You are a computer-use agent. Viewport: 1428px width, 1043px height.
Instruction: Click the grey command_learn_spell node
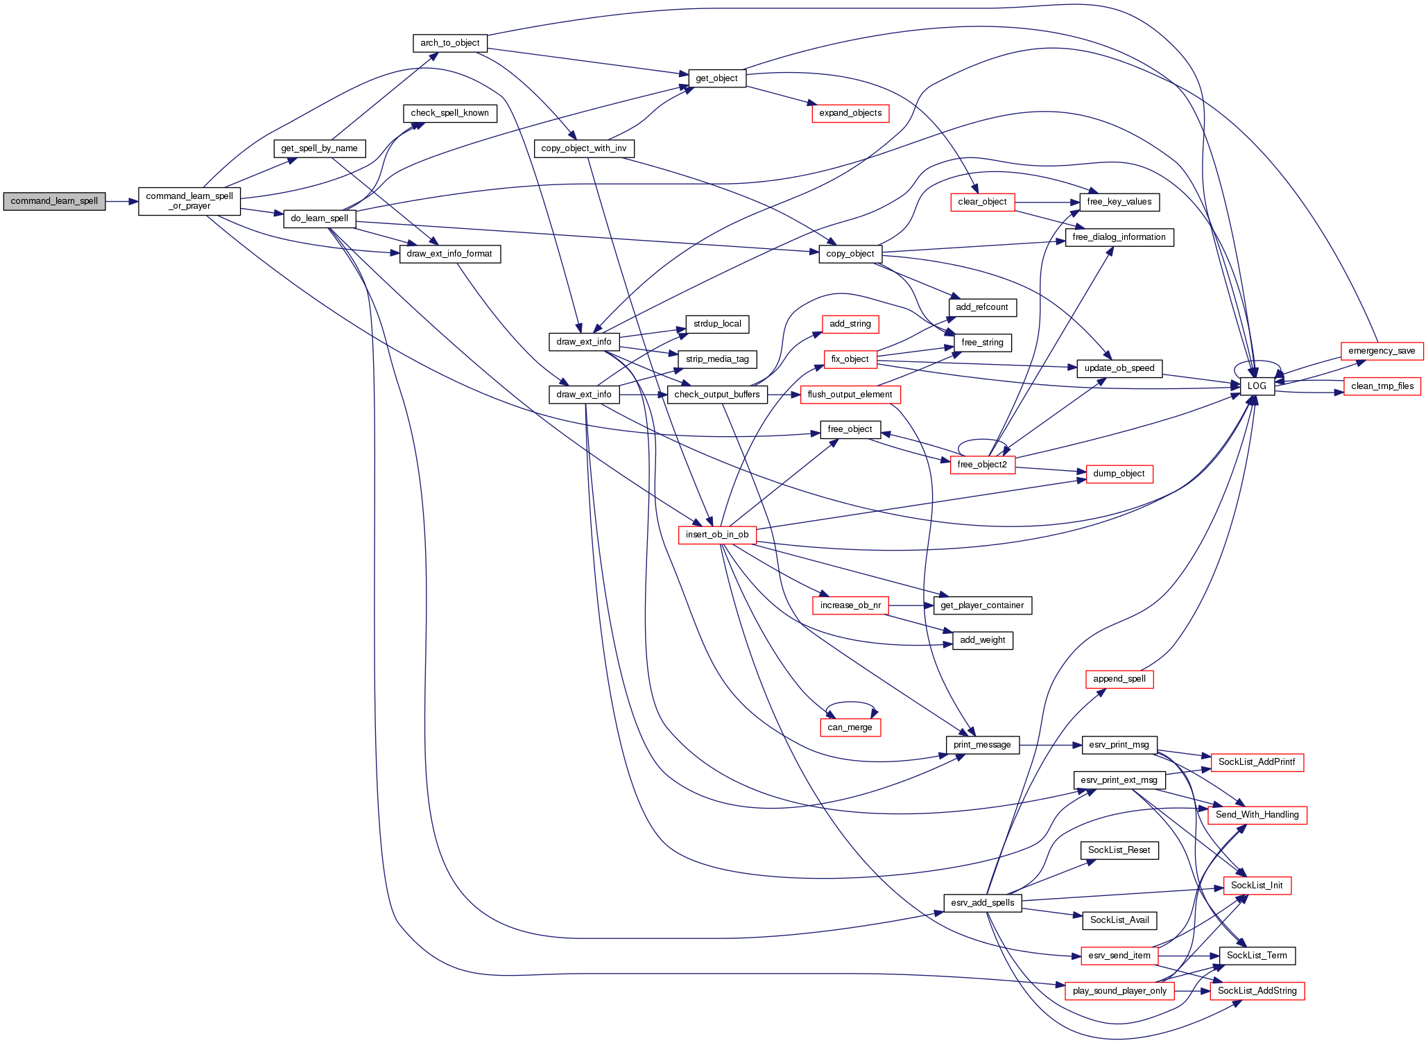(54, 201)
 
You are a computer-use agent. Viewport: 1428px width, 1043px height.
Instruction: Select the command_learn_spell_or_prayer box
(189, 201)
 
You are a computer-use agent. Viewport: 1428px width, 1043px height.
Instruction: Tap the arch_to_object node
(449, 43)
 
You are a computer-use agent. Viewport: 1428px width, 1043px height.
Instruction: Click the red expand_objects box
(850, 113)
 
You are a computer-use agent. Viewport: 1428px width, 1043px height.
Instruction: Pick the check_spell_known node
(449, 113)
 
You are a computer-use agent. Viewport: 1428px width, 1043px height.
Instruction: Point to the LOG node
(1257, 386)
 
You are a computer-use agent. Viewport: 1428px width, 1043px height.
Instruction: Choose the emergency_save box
(1382, 351)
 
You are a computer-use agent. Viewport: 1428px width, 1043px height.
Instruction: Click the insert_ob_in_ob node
(717, 535)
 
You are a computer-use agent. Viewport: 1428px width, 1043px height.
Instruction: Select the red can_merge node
(850, 727)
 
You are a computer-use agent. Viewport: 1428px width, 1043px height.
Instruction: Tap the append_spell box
(1119, 679)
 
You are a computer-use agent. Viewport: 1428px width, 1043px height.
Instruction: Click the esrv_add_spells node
(982, 903)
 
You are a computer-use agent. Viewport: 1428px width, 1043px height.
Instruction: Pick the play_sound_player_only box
(1119, 991)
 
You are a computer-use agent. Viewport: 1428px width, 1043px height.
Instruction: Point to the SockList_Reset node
(1119, 850)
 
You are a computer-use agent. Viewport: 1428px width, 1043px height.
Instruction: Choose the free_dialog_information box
(1119, 237)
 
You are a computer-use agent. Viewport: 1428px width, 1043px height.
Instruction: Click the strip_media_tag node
(717, 359)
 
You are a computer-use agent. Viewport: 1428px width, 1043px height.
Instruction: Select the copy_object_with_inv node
(583, 148)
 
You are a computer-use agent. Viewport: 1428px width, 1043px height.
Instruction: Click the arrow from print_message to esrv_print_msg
(1050, 745)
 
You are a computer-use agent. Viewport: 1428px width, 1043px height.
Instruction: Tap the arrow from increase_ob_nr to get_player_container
(911, 605)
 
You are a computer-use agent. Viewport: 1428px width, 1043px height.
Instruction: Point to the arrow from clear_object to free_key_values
(1047, 202)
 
